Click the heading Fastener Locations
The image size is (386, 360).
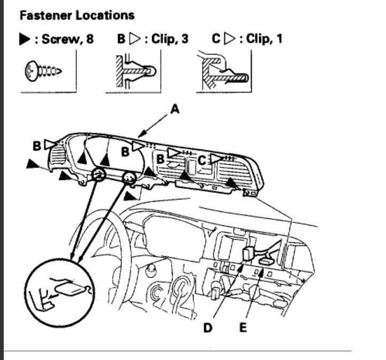pyautogui.click(x=76, y=15)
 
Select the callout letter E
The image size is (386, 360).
pyautogui.click(x=243, y=327)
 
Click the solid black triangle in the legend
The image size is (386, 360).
pyautogui.click(x=25, y=40)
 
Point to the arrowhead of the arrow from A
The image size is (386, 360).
pyautogui.click(x=140, y=134)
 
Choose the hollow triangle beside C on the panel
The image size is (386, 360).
pyautogui.click(x=215, y=158)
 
